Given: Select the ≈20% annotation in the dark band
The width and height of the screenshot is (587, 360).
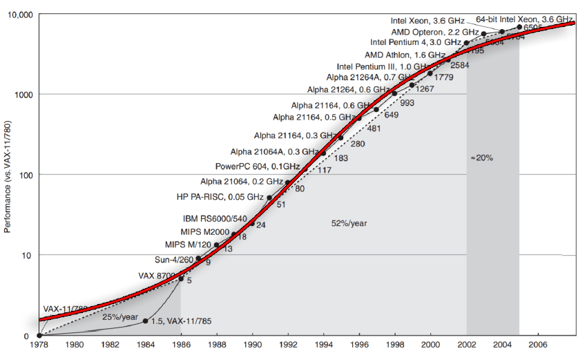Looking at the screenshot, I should tap(481, 158).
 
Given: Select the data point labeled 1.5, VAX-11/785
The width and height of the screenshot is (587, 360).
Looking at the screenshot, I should tap(145, 321).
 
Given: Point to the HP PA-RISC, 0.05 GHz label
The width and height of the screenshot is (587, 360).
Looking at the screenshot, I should tap(221, 197).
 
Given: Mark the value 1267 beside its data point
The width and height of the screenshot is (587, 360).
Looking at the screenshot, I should tap(425, 89).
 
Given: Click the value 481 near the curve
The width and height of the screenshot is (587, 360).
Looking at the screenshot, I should tap(374, 129).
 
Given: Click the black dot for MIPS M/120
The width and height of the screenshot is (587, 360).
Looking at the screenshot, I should tap(217, 245).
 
